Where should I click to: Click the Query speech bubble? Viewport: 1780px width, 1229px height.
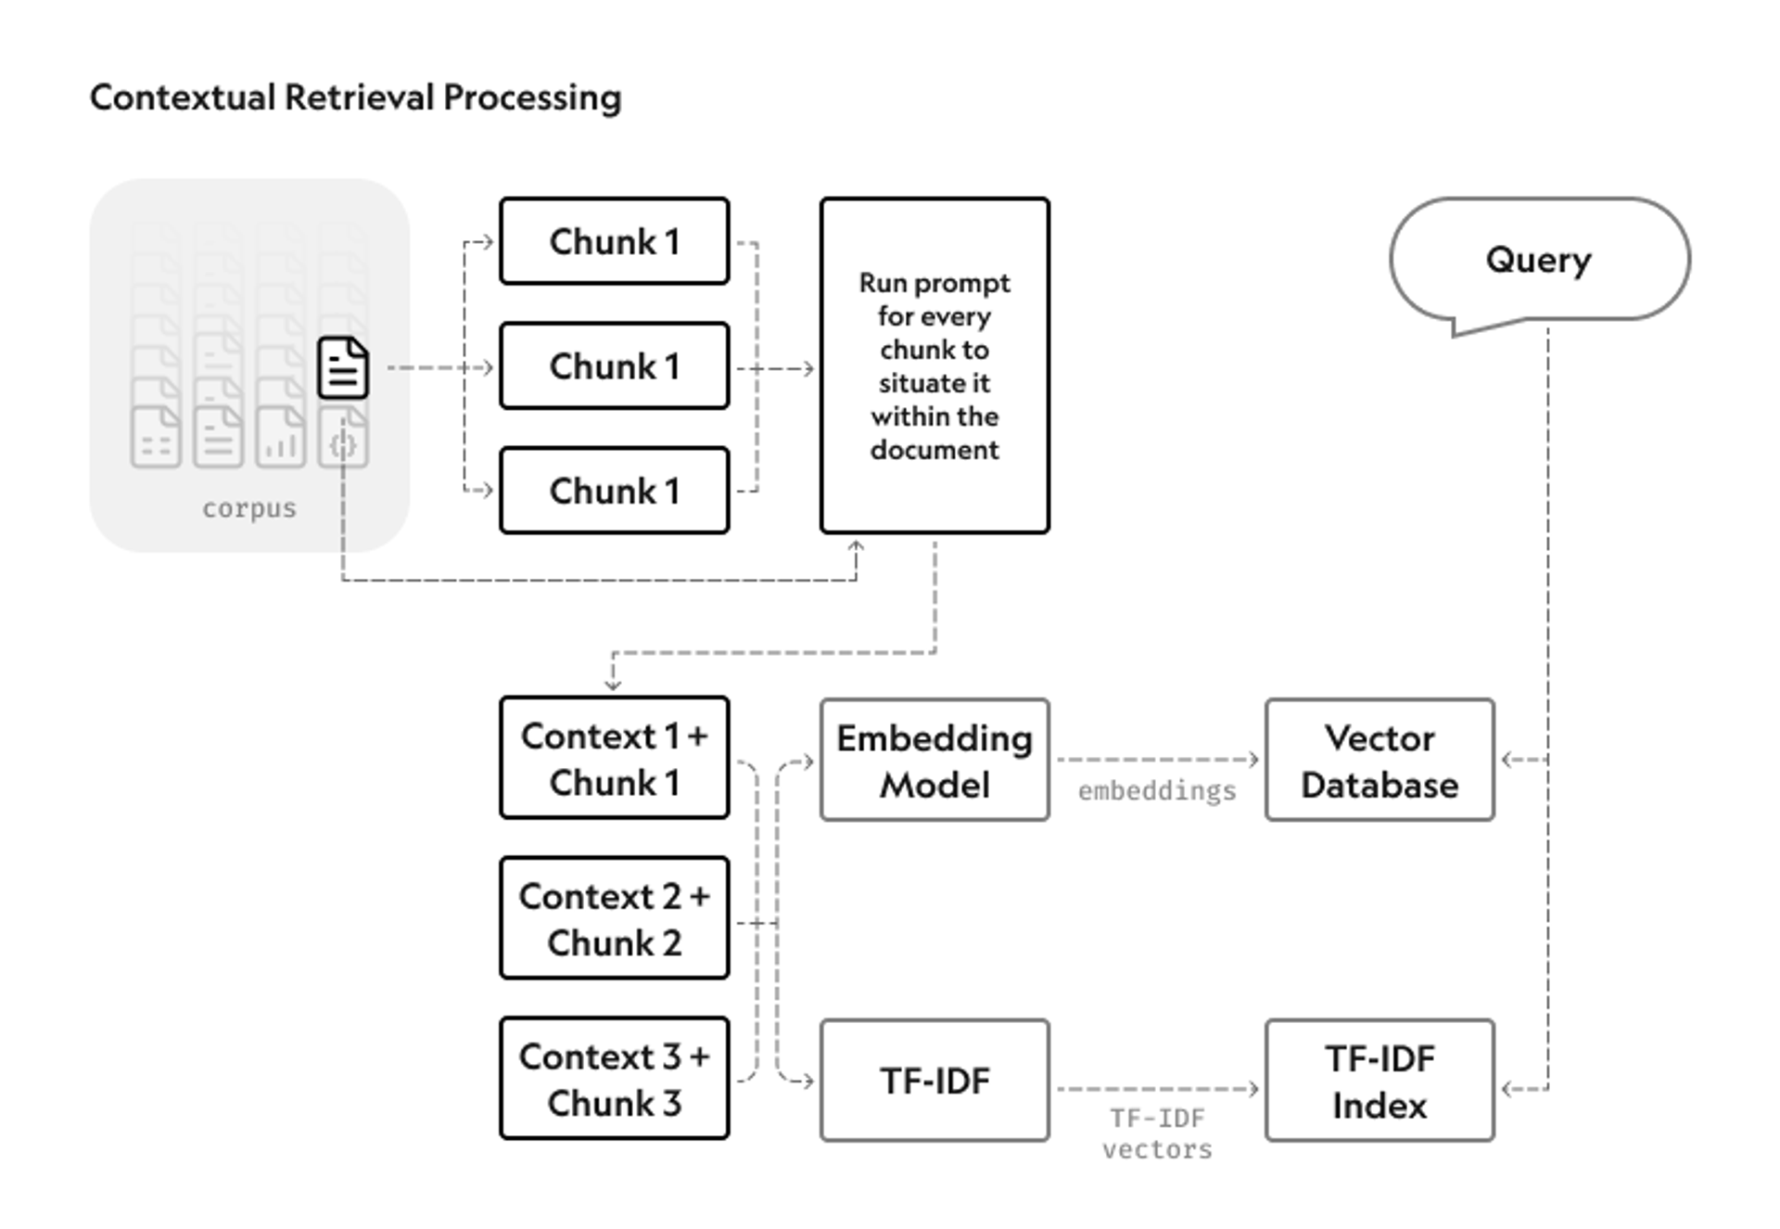point(1539,260)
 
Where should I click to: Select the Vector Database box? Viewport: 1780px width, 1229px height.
point(1379,761)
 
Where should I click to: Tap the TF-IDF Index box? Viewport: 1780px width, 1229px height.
point(1379,1082)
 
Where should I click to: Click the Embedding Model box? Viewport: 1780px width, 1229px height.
point(934,761)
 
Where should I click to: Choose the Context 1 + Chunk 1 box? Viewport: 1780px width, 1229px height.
point(614,758)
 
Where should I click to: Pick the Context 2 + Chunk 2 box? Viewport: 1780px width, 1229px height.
point(614,918)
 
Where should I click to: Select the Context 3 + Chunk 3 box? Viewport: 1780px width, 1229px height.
point(614,1079)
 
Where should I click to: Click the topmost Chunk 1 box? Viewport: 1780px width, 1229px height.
point(614,241)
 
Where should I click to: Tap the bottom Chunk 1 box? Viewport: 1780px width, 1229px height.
point(614,491)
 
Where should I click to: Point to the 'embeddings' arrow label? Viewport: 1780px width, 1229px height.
point(1157,791)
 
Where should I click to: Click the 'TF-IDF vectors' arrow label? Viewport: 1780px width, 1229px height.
point(1157,1133)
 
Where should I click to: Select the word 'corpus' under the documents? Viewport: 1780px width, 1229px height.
point(249,508)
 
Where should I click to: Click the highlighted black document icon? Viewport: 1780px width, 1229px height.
point(343,368)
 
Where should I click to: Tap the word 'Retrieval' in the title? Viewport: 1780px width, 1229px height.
point(360,97)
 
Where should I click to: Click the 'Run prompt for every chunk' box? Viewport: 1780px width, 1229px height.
point(934,365)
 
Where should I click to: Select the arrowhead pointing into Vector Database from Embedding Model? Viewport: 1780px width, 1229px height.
point(1254,760)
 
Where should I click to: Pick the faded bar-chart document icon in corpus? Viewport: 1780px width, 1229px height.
point(280,437)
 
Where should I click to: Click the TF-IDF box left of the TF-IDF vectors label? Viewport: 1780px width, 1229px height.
point(934,1082)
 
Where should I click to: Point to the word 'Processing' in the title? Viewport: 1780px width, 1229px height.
point(532,97)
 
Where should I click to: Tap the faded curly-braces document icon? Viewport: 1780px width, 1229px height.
point(343,442)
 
